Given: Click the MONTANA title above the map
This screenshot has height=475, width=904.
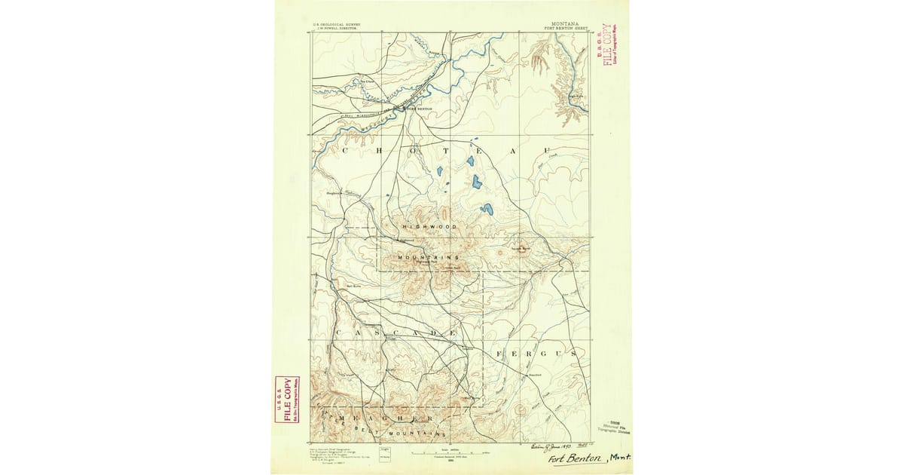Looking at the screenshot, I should click(x=565, y=24).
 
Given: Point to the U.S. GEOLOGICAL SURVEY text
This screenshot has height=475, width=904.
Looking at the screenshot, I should click(x=337, y=24).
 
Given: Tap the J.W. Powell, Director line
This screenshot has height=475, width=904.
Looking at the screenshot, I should click(x=337, y=29).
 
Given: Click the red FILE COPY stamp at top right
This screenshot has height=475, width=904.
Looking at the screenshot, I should click(x=607, y=44).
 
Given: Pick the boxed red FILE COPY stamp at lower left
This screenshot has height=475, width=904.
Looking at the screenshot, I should click(x=286, y=399).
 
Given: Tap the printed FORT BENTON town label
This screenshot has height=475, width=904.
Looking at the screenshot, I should click(x=420, y=109).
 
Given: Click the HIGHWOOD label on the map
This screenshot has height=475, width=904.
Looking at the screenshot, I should click(x=429, y=227).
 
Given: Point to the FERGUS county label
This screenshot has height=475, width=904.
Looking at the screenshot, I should click(x=536, y=352).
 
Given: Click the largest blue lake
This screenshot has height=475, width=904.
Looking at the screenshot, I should click(x=476, y=182).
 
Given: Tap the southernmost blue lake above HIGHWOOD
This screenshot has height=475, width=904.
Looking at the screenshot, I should click(x=487, y=209).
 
